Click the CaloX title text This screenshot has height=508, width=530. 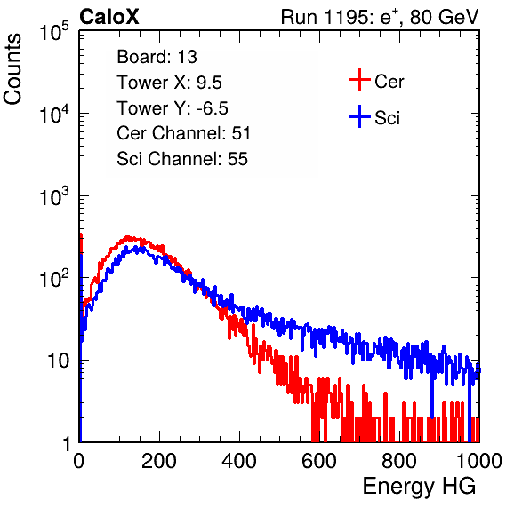108,17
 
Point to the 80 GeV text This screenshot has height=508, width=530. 444,17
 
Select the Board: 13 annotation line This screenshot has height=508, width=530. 157,57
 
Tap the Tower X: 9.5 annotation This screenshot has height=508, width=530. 169,83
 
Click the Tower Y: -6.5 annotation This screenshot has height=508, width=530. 173,108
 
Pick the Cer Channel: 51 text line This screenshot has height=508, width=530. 183,133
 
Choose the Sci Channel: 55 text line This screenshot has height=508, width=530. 182,159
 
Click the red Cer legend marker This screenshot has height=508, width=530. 359,80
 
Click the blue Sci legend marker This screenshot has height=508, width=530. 359,117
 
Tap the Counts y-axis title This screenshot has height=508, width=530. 12,69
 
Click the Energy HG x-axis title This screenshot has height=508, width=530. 419,487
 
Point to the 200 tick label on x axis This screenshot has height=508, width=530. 159,461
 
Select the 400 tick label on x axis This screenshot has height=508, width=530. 239,461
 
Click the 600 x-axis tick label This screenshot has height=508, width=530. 319,461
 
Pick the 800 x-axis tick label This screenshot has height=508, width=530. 399,461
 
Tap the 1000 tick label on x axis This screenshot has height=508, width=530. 479,461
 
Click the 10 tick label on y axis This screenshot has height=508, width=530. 59,361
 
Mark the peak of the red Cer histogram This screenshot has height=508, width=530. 127,236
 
